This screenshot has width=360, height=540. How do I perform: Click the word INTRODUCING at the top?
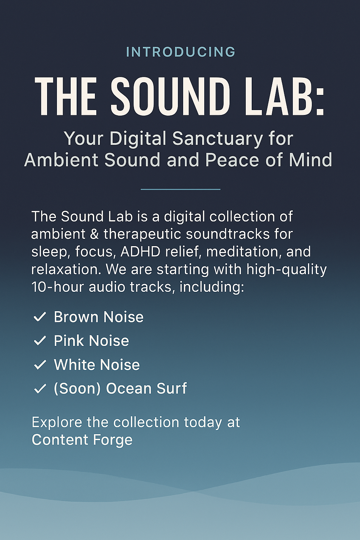click(x=180, y=52)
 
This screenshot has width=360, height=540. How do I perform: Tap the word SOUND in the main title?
click(x=170, y=97)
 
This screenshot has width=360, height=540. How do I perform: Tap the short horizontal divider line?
click(x=180, y=189)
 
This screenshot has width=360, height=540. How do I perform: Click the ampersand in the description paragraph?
click(x=94, y=234)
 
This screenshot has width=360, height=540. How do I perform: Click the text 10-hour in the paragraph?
click(x=58, y=287)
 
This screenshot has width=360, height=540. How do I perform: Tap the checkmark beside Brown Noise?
click(x=40, y=317)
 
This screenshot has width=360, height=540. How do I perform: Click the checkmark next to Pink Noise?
click(x=40, y=340)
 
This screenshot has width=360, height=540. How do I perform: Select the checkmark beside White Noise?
click(x=40, y=365)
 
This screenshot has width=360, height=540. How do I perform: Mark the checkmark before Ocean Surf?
click(x=40, y=388)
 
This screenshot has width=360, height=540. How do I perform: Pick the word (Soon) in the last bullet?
click(x=77, y=389)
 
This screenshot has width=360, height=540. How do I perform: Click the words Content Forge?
click(x=82, y=440)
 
